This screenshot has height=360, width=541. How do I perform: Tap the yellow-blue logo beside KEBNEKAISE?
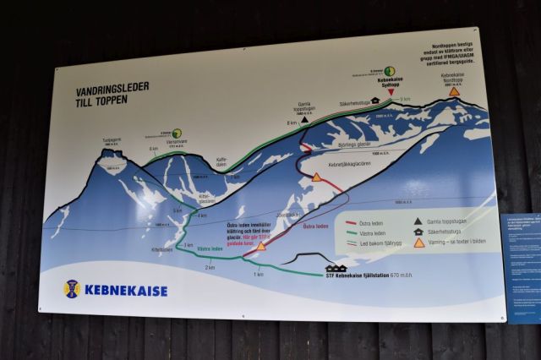(72, 288)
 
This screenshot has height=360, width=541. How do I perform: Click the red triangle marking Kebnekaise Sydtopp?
(391, 90)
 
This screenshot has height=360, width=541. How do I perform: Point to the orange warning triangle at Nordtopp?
(454, 91)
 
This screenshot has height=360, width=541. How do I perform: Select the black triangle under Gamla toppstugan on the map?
(303, 120)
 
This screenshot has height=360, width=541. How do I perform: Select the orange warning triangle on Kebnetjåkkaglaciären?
(316, 177)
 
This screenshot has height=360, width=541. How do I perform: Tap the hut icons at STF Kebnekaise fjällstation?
(336, 269)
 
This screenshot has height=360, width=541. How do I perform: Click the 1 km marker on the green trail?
(259, 274)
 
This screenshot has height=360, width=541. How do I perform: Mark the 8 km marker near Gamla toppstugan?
(292, 123)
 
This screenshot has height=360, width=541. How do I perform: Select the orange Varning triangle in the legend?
(418, 243)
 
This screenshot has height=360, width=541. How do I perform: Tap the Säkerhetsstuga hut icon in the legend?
(418, 232)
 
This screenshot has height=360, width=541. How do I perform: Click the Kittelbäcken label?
(162, 250)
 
